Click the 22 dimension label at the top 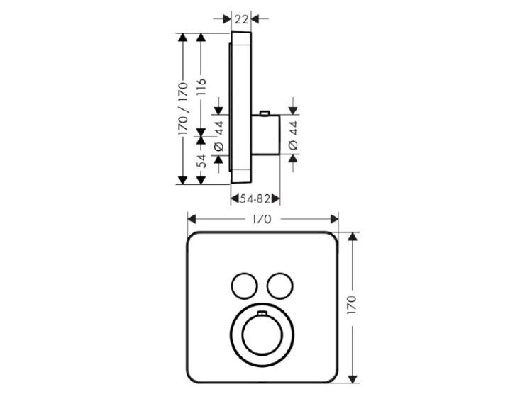241,19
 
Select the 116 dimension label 201,86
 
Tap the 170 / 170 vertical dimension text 183,109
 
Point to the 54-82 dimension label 255,198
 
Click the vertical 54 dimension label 201,161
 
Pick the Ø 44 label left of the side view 219,135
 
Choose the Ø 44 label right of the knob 293,135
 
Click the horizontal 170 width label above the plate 262,219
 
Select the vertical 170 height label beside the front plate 352,305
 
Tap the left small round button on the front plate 244,286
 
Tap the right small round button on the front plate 280,286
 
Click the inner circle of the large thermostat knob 262,335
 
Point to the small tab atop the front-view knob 262,313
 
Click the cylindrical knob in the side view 266,135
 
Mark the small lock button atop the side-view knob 265,113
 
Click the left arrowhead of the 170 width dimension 192,219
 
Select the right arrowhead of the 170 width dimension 334,219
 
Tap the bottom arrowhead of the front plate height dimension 353,379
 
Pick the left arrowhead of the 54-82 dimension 235,198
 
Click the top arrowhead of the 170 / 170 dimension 183,38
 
